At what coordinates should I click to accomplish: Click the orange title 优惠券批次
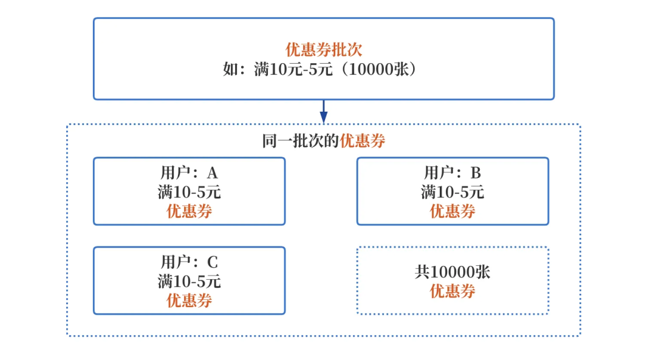click(324, 50)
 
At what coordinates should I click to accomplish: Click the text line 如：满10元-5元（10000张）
click(323, 69)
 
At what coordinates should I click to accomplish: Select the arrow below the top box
click(324, 112)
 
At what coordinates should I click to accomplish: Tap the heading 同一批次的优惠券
click(324, 141)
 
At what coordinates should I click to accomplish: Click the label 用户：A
click(189, 173)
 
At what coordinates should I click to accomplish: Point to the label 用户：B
click(453, 173)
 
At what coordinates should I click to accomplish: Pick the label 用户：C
click(189, 262)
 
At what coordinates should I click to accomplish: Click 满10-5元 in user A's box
click(189, 192)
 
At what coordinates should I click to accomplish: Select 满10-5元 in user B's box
click(453, 192)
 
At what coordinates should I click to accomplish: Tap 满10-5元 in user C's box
click(189, 282)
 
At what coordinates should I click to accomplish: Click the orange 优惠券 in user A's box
click(189, 211)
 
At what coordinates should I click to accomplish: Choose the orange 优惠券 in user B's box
click(453, 211)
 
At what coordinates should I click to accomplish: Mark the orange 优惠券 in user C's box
click(189, 301)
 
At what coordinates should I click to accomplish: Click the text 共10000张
click(453, 272)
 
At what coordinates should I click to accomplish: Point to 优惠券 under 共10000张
click(453, 291)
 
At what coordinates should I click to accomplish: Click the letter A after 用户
click(212, 174)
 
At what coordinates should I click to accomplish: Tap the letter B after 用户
click(476, 174)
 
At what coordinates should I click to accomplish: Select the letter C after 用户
click(212, 263)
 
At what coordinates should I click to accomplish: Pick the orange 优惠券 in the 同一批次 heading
click(362, 141)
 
